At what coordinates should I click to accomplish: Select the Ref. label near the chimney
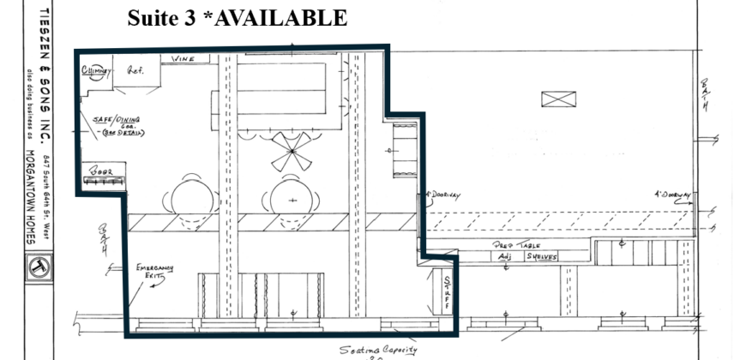click(135, 71)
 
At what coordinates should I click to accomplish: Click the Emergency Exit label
click(154, 272)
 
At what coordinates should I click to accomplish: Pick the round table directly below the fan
click(292, 199)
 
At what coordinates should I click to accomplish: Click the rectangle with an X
click(558, 99)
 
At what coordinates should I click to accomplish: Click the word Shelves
click(542, 256)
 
